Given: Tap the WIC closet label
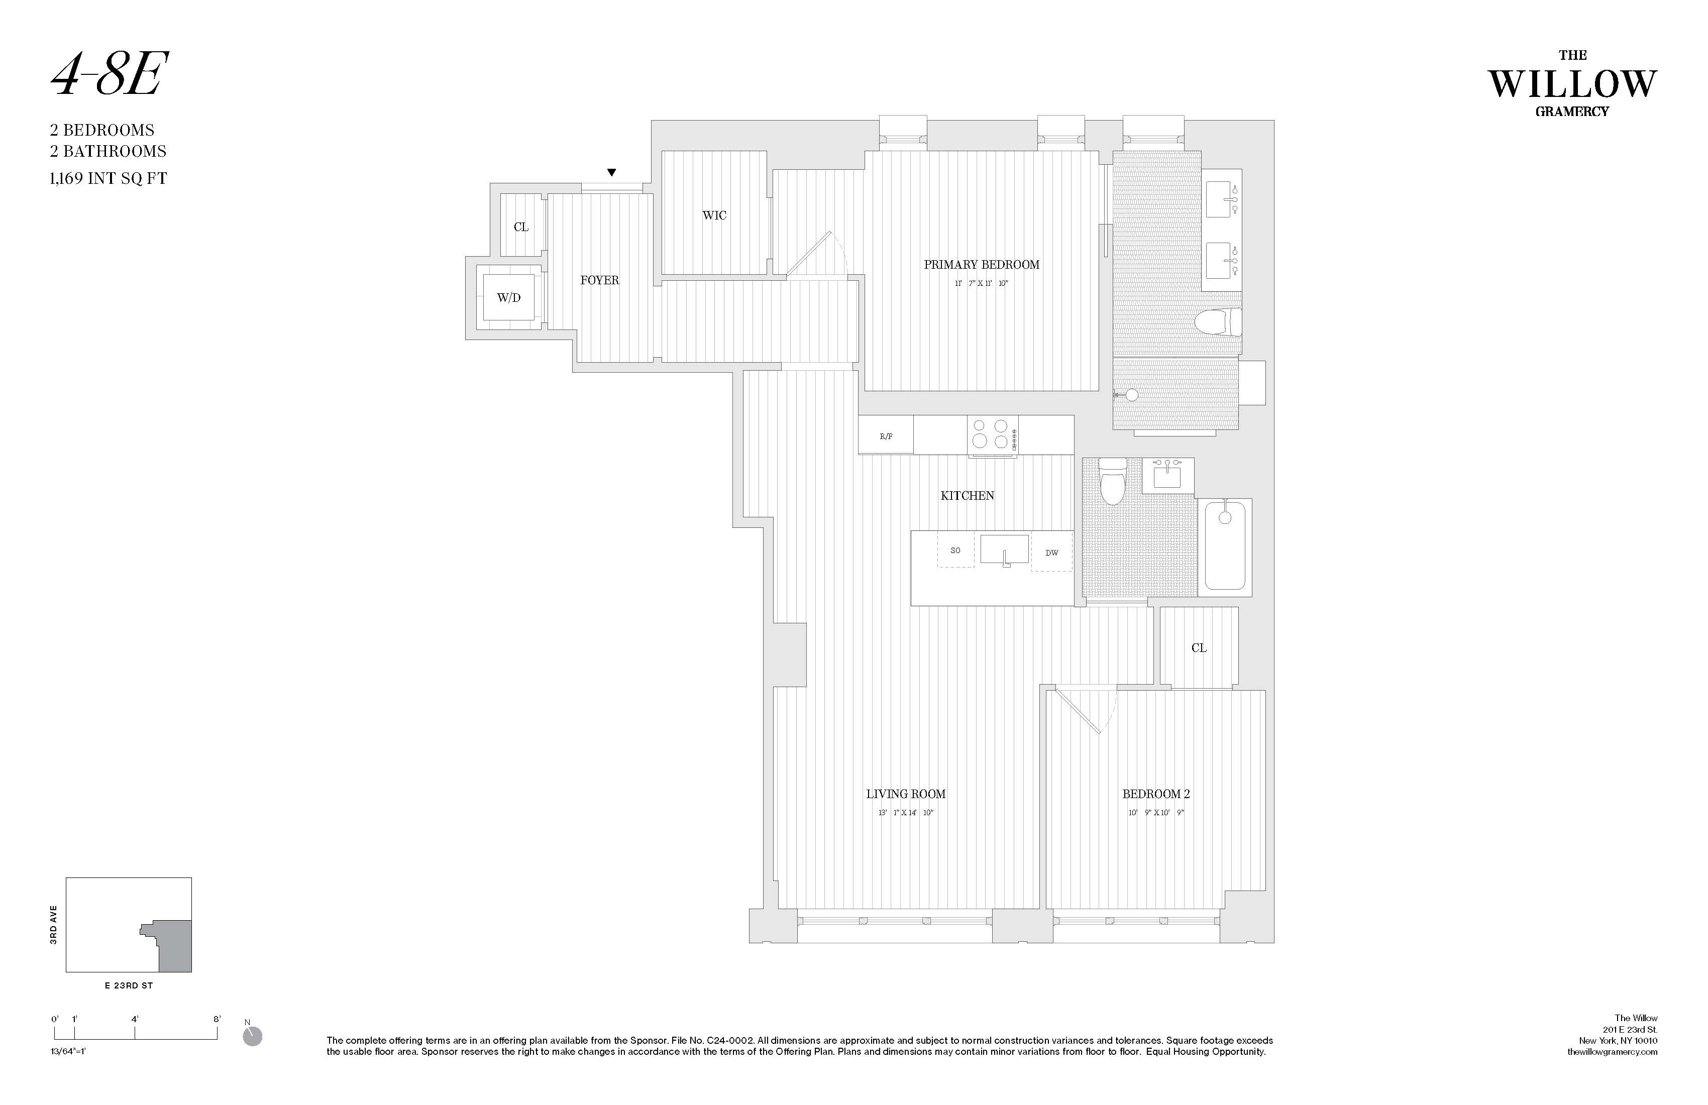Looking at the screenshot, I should coord(714,215).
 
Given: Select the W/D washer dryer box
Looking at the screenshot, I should coord(509,297).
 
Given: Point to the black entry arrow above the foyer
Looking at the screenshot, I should coord(611,172).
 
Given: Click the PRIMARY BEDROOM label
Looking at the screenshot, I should coord(981,265).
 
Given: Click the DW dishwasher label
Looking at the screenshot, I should coord(1051,552).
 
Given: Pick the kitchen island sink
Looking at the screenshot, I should coord(1004,550).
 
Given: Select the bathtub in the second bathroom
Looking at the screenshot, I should coord(1225,547).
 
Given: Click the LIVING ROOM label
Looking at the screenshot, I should coord(906,794).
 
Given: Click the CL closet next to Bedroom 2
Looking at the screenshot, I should coord(1199,648).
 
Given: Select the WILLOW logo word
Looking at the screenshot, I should coord(1572,85).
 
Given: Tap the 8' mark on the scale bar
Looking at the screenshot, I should coord(217,1019).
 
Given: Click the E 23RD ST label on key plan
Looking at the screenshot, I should coord(129,985).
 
